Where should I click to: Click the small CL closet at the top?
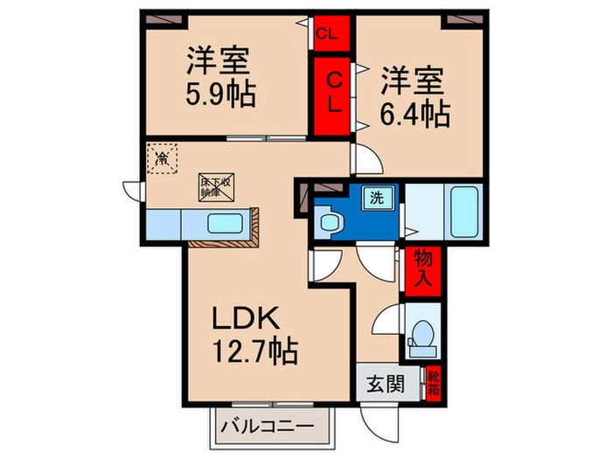coord(331,34)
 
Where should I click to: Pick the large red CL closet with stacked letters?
coord(333,92)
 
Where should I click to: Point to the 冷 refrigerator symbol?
coord(162,159)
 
